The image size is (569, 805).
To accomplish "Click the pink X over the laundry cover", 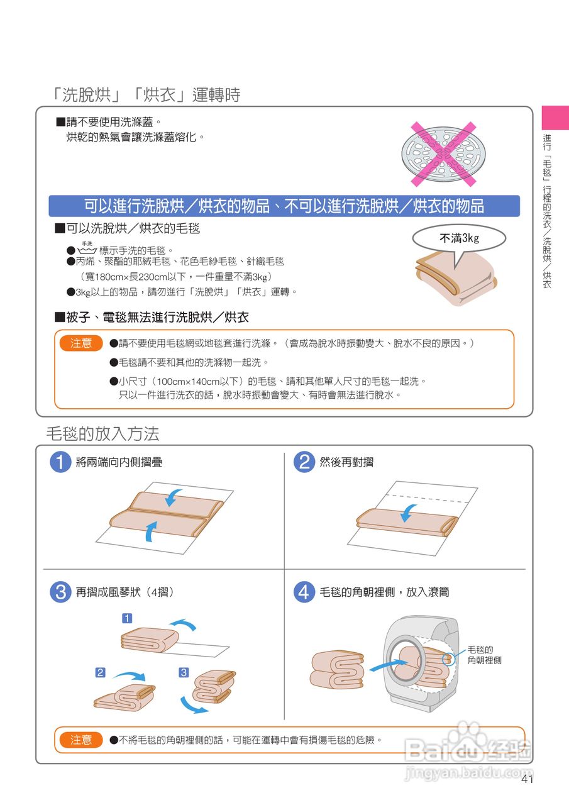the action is pyautogui.click(x=443, y=154).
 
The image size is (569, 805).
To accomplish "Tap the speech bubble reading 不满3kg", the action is pyautogui.click(x=459, y=238).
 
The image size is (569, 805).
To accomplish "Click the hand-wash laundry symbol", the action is pyautogui.click(x=87, y=248).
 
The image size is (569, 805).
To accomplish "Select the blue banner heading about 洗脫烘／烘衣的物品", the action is pyautogui.click(x=284, y=206).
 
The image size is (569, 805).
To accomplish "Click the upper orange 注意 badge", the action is pyautogui.click(x=81, y=343).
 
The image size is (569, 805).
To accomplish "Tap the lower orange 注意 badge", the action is pyautogui.click(x=81, y=740).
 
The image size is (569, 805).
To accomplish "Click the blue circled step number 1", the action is pyautogui.click(x=60, y=462).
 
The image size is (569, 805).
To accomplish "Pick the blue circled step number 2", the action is pyautogui.click(x=304, y=462).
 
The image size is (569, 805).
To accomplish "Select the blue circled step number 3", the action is pyautogui.click(x=60, y=592).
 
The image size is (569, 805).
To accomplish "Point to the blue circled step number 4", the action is pyautogui.click(x=304, y=592).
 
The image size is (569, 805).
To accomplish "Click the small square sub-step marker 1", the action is pyautogui.click(x=127, y=618).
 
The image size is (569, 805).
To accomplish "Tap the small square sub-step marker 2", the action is pyautogui.click(x=100, y=672).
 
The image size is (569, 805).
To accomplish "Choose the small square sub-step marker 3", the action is pyautogui.click(x=184, y=672).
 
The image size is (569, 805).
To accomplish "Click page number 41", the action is pyautogui.click(x=527, y=779).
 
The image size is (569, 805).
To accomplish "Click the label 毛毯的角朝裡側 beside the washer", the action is pyautogui.click(x=484, y=655).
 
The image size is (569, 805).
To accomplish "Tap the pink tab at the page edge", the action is pyautogui.click(x=555, y=117).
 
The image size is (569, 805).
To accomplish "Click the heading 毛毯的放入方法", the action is pyautogui.click(x=102, y=433).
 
